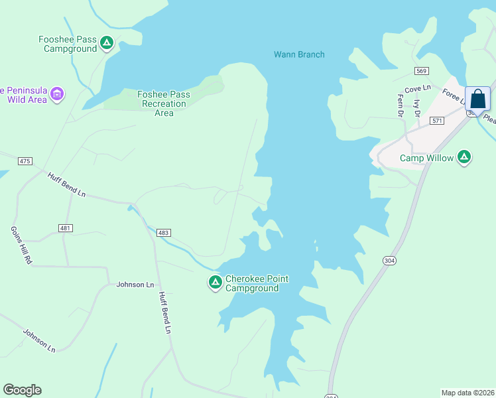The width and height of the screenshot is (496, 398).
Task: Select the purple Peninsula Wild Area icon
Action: coord(57,94)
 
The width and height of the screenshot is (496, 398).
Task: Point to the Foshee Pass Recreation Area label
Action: coord(164,103)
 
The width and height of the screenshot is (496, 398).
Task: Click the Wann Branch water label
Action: coord(299,54)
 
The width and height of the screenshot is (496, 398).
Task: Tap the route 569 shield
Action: coord(422,71)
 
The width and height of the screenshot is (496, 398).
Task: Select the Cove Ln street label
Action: coord(418,88)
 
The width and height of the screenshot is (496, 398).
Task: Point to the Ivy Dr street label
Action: coord(417,108)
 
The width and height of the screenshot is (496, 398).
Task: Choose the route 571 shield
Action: coord(436,121)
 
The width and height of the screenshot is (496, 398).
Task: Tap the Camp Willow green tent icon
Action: coord(465,157)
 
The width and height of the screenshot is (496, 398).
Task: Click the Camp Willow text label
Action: coord(426,158)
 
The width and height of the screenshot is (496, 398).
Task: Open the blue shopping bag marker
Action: coord(477,99)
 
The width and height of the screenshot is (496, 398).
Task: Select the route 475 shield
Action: coord(25,161)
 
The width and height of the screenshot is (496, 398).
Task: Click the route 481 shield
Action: coord(65,228)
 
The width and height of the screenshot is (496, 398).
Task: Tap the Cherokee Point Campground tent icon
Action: coord(215,283)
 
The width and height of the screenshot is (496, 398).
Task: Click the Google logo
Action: coord(22,390)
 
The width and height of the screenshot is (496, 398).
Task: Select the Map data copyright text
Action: coord(467,392)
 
